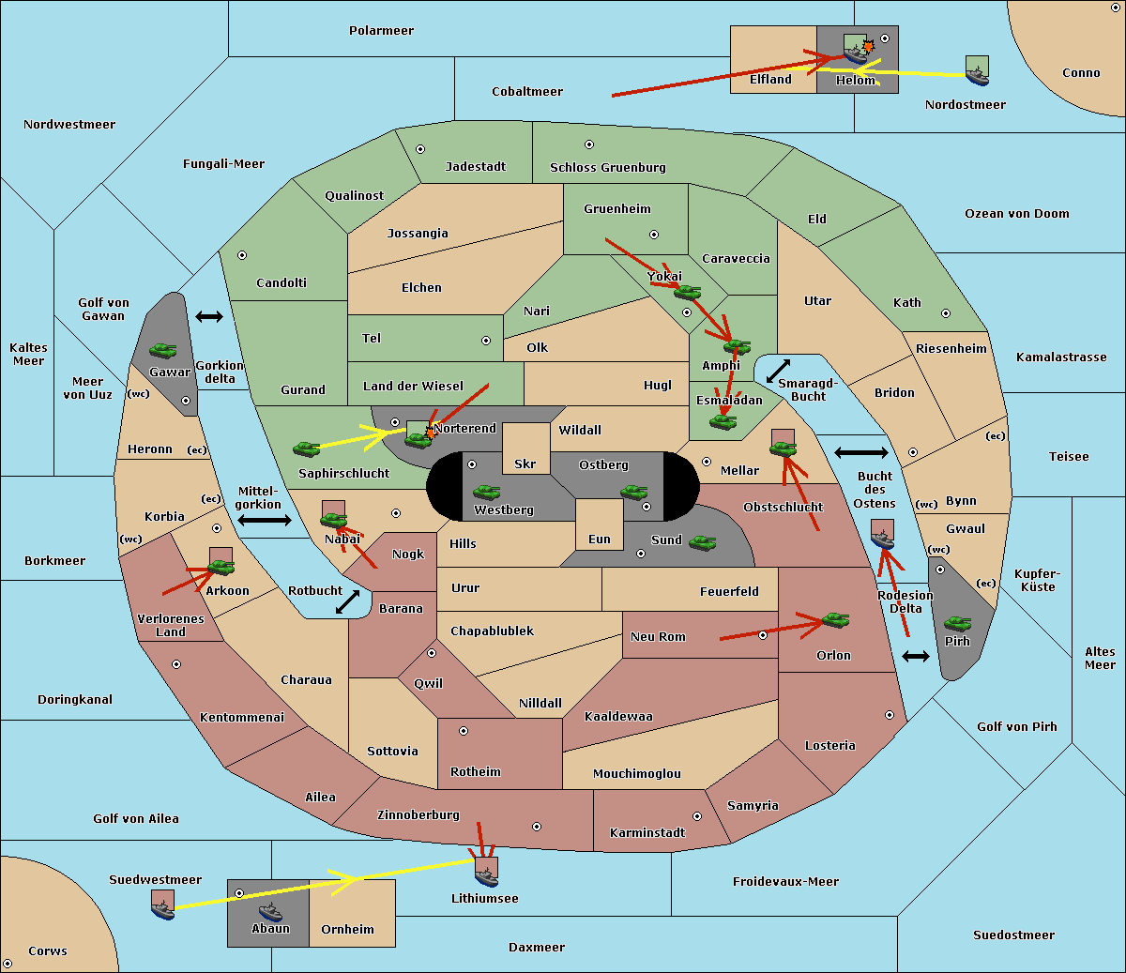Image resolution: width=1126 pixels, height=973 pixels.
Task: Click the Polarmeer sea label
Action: pyautogui.click(x=381, y=31)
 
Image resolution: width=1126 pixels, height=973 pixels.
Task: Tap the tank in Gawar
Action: pyautogui.click(x=163, y=350)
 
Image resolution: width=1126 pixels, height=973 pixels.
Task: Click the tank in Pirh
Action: pyautogui.click(x=958, y=623)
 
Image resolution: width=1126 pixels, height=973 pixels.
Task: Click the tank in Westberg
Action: pyautogui.click(x=486, y=492)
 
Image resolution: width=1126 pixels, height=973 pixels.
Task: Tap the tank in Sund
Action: pyautogui.click(x=702, y=542)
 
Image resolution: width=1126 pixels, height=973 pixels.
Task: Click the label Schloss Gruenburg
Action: pyautogui.click(x=608, y=167)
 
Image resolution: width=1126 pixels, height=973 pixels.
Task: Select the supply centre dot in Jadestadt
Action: pyautogui.click(x=420, y=149)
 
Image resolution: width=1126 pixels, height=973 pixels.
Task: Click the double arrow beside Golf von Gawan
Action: pyautogui.click(x=209, y=316)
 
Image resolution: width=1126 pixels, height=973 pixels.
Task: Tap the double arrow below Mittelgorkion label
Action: pyautogui.click(x=265, y=520)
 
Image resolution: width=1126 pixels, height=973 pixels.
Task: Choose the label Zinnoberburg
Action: pyautogui.click(x=418, y=814)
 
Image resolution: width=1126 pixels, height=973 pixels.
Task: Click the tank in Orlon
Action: pyautogui.click(x=836, y=620)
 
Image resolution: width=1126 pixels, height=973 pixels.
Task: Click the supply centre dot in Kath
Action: pyautogui.click(x=946, y=313)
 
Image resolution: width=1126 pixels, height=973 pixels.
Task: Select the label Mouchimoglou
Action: pyautogui.click(x=637, y=773)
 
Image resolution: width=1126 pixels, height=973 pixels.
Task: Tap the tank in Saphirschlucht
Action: pyautogui.click(x=306, y=448)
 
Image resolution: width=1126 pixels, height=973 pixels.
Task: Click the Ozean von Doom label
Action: pyautogui.click(x=1017, y=214)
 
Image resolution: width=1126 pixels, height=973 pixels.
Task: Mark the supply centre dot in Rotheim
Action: pyautogui.click(x=464, y=731)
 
